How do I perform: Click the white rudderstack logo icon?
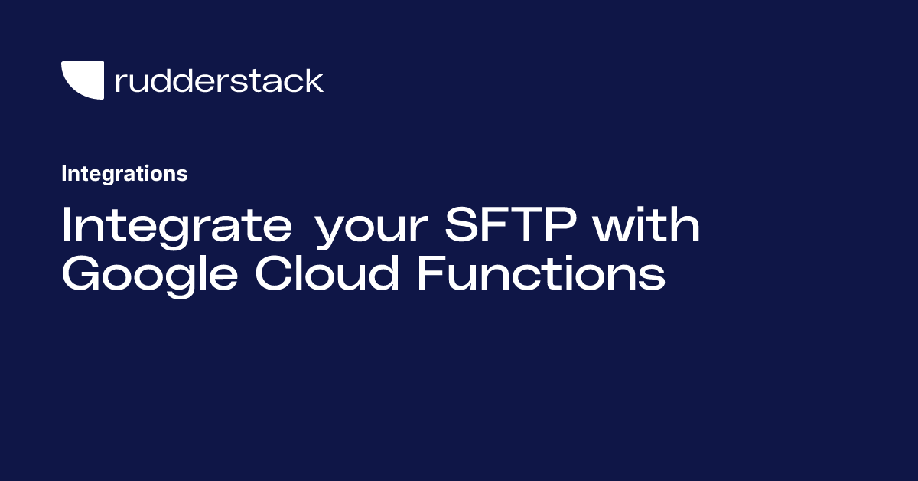(x=82, y=80)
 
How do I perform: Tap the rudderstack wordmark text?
(x=219, y=80)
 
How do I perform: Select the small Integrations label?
(x=124, y=174)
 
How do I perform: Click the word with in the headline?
(x=649, y=226)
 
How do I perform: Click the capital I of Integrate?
(x=67, y=226)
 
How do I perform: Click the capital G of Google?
(x=81, y=275)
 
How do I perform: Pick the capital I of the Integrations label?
(x=64, y=174)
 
